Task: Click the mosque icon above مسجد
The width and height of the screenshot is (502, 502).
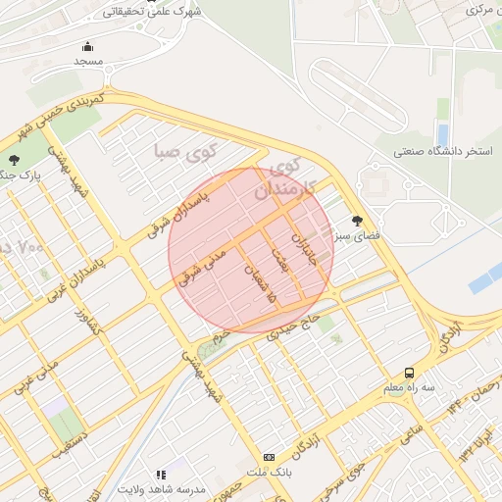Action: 88,46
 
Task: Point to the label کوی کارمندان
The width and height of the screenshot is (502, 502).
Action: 287,180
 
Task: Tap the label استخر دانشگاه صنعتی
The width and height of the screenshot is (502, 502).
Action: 442,152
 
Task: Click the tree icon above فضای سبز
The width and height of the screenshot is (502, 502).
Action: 356,221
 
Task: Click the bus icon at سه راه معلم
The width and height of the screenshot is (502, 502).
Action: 409,374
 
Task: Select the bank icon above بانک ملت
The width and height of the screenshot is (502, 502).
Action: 269,458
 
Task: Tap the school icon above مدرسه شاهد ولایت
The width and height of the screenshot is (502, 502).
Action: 161,475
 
